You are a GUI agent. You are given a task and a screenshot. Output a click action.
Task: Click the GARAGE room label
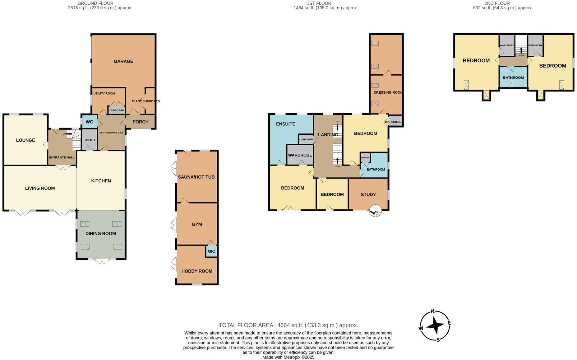point(123,61)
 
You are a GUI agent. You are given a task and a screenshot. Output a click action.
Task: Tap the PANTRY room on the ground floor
point(89,140)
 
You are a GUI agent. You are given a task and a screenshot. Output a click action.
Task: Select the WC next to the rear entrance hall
point(89,122)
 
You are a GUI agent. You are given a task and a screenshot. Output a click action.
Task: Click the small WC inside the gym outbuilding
point(211,251)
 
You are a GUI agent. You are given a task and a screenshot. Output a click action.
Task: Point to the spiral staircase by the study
point(376,211)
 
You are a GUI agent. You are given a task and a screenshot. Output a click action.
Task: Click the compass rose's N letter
point(432,311)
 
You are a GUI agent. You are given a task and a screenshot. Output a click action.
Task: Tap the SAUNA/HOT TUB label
point(196,177)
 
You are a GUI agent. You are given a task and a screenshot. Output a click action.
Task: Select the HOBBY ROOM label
point(197,271)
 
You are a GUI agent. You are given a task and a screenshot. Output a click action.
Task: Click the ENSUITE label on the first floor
point(285,124)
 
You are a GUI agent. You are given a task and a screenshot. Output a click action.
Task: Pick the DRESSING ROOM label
point(388,92)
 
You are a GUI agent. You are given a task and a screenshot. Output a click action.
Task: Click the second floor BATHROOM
point(513,77)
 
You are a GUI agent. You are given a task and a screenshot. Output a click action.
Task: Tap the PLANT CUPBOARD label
point(145,101)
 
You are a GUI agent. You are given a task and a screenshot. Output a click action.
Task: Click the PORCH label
point(140,122)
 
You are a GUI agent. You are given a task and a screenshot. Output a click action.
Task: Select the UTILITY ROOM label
point(104,93)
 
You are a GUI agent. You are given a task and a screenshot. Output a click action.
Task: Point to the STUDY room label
point(368,194)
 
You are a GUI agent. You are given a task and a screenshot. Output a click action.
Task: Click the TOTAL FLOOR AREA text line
point(288,325)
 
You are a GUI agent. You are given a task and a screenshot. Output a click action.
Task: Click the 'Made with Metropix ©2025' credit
point(288,357)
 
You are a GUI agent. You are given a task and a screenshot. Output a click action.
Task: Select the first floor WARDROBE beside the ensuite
point(300,155)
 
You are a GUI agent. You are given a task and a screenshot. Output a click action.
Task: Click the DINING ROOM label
point(100,234)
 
